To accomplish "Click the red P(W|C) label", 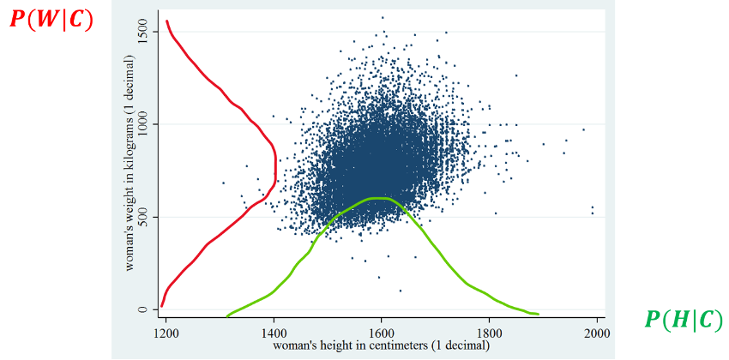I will point(50,20).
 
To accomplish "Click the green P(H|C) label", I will point(684,321).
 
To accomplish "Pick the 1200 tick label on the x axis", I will point(166,331).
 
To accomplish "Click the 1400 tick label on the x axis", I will point(274,331).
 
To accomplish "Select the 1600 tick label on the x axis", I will point(382,331).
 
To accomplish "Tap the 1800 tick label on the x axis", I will point(489,331).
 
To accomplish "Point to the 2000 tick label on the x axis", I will point(596,331).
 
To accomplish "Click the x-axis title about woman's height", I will point(381,345).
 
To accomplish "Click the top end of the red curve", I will point(166,21).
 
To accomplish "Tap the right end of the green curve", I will point(538,314).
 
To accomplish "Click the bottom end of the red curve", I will point(161,306).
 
